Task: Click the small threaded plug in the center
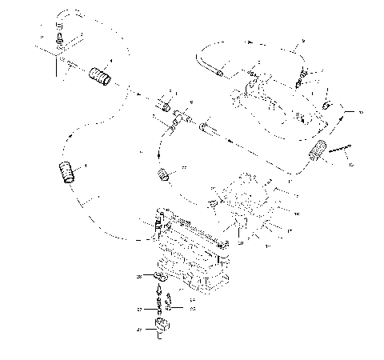pyautogui.click(x=166, y=174)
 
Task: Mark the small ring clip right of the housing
pyautogui.click(x=327, y=105)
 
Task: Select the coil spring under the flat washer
pyautogui.click(x=161, y=305)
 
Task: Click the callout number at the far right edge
pyautogui.click(x=359, y=113)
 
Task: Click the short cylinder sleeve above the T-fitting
pyautogui.click(x=166, y=107)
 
